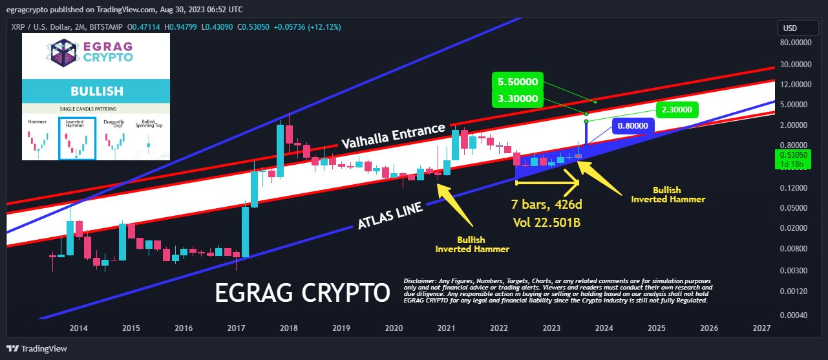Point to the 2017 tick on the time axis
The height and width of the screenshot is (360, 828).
click(x=236, y=328)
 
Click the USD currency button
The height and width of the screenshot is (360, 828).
click(x=791, y=28)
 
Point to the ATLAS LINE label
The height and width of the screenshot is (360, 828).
click(x=390, y=216)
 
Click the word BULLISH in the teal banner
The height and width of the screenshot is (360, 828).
click(x=96, y=91)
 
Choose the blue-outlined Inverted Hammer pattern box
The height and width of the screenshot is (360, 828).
click(x=77, y=138)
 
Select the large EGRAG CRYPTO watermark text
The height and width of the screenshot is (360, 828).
click(x=303, y=293)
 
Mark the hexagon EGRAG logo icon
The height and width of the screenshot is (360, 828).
click(x=64, y=52)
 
